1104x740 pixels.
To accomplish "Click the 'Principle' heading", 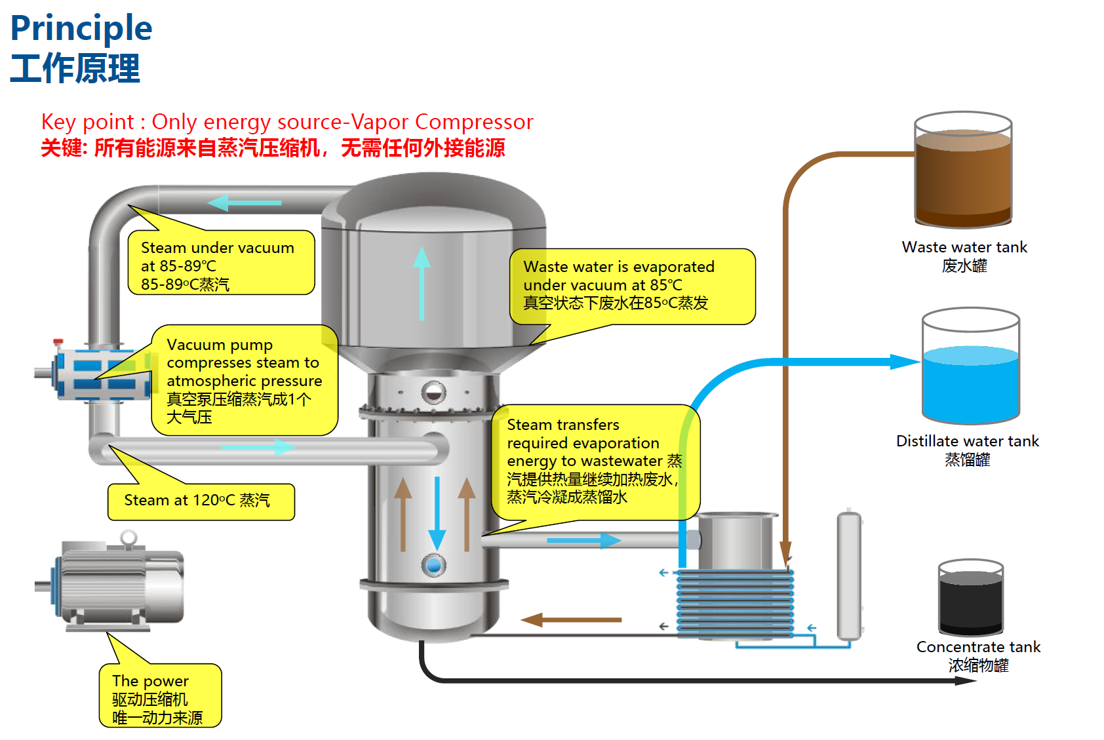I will [x=81, y=28].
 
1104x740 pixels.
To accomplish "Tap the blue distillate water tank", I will [x=970, y=380].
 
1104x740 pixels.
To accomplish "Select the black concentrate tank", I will [x=970, y=600].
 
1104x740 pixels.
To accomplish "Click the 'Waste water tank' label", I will [x=964, y=247].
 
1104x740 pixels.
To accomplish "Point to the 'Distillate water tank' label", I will [x=967, y=441].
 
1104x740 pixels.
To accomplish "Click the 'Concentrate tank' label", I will [x=977, y=647].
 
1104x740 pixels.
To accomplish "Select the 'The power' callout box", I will [x=160, y=697].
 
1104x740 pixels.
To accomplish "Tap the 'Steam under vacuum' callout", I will [x=221, y=263].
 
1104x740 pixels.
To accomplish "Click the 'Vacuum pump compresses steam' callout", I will [x=244, y=380].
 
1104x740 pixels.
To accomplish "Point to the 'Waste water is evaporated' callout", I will [x=632, y=286].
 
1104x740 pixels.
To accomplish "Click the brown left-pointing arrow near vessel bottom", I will [x=570, y=619].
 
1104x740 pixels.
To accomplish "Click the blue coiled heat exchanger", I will [x=735, y=603].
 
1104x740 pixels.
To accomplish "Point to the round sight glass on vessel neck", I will [x=433, y=393].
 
